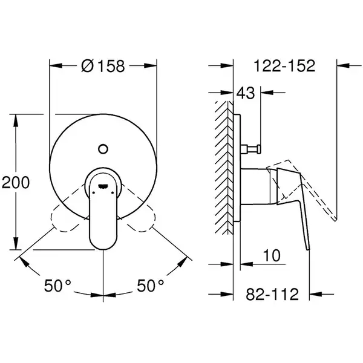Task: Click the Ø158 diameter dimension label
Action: (103, 66)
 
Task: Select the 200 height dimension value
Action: (16, 183)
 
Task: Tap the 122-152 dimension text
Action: (284, 66)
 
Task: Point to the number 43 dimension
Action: (246, 93)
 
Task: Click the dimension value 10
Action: (272, 255)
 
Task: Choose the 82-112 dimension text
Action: (272, 294)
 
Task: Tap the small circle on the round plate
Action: (103, 149)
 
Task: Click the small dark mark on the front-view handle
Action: (103, 186)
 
